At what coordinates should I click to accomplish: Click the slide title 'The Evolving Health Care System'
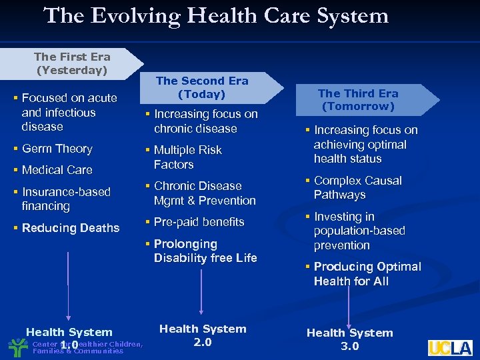coord(216,15)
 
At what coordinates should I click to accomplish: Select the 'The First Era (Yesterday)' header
coord(72,63)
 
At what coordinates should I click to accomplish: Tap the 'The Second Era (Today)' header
coord(202,87)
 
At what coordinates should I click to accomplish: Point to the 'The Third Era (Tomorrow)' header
coord(358,100)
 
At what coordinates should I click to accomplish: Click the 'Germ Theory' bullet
coord(57,149)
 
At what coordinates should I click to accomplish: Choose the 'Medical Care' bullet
coord(57,170)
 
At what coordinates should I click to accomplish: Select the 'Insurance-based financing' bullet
coord(65,199)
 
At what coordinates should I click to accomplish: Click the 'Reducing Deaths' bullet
coord(70,228)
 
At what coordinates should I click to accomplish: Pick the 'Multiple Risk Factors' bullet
coord(187,157)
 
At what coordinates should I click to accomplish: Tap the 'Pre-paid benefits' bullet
coord(199,222)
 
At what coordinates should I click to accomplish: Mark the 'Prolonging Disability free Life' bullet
coord(205,251)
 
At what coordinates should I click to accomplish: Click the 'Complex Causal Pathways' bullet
coord(357,187)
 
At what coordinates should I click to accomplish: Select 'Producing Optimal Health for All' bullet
coord(367,273)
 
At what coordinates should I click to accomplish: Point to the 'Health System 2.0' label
coord(202,335)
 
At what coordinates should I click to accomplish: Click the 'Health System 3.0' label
coord(349,339)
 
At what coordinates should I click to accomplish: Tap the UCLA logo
coord(450,347)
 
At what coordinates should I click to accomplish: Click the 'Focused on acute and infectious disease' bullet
coord(69,112)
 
